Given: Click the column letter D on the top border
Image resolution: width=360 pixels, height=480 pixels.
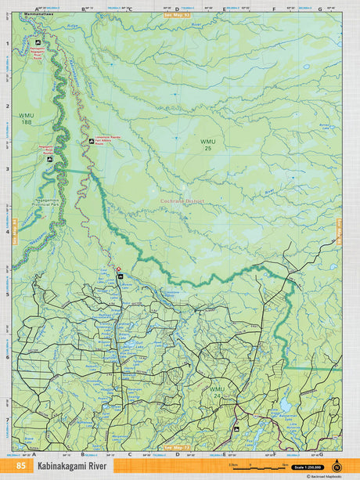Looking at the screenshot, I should [177, 9].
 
